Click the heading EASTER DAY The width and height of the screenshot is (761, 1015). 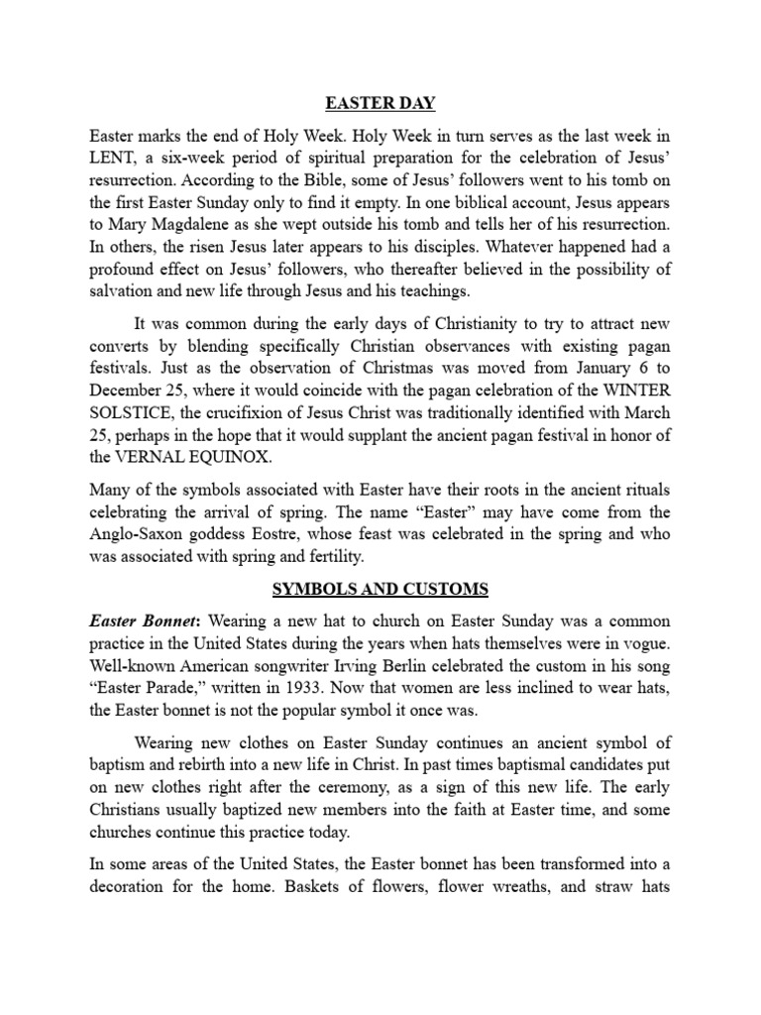(x=380, y=103)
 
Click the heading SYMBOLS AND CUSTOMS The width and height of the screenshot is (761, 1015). (x=380, y=589)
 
